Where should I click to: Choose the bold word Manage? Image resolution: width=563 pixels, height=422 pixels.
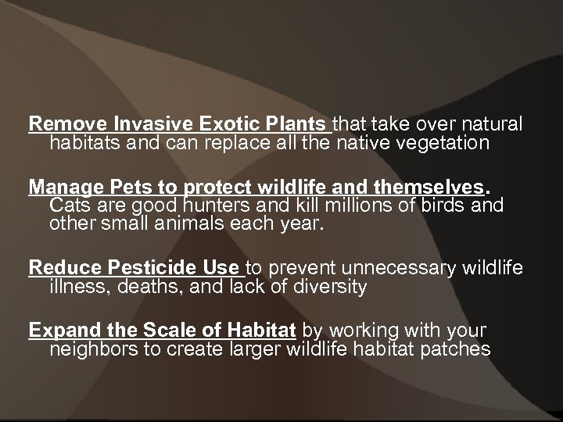(63, 188)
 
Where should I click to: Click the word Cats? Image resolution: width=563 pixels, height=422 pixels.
(68, 206)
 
